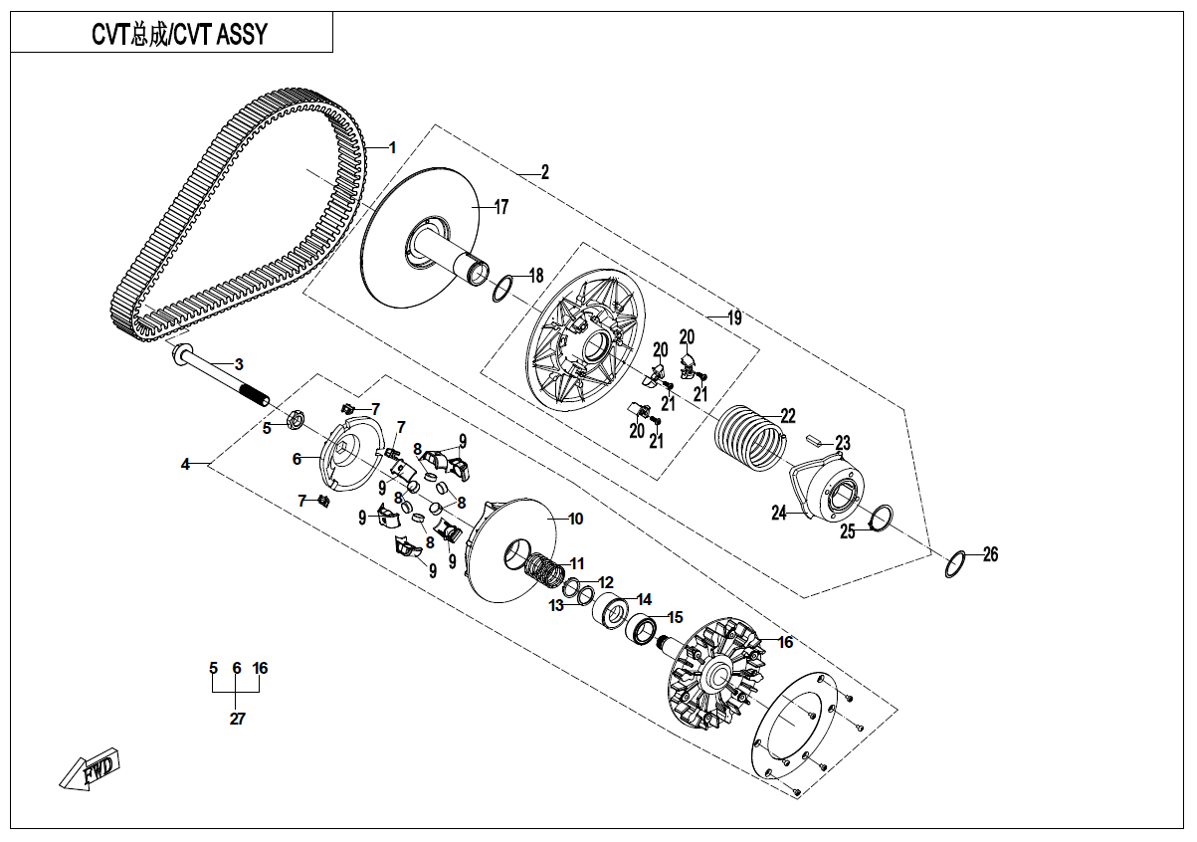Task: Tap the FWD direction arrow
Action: click(x=91, y=770)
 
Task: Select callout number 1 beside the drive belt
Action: click(x=392, y=147)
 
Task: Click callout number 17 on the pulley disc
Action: click(x=500, y=207)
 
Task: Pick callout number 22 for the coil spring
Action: click(x=787, y=415)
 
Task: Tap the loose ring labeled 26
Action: click(x=954, y=563)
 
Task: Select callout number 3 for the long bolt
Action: click(x=239, y=364)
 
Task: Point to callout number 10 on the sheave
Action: click(x=575, y=520)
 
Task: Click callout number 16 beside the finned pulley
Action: click(x=785, y=643)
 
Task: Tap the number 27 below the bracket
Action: click(x=237, y=719)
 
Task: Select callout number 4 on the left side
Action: click(x=185, y=464)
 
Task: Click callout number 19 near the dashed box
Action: click(x=734, y=318)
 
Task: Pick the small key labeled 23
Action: click(x=812, y=436)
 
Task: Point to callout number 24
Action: click(x=778, y=514)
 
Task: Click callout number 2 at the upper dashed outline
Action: click(x=544, y=171)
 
